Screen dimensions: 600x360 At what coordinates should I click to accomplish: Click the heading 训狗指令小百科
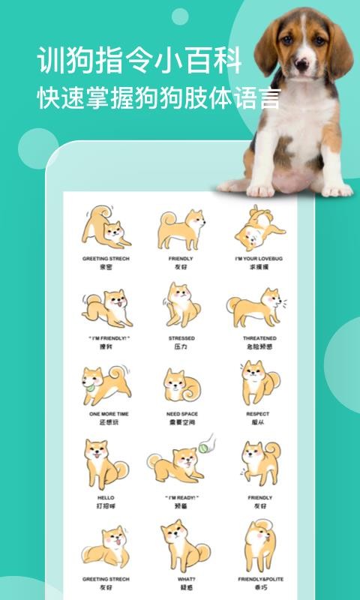point(139,61)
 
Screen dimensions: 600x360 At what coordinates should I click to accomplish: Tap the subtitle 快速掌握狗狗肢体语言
point(159,100)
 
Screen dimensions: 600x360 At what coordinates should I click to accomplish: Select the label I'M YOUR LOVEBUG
point(259,258)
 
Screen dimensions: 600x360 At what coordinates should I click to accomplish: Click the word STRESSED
point(181,338)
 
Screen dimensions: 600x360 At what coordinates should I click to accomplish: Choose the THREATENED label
point(259,338)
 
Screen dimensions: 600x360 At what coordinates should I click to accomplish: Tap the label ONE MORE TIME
point(105,413)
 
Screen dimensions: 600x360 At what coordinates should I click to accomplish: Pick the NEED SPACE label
point(181,413)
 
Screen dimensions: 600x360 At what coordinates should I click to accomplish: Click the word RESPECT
point(259,413)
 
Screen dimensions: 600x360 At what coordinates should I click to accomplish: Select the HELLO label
point(105,497)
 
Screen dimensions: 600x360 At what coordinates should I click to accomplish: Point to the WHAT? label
point(181,578)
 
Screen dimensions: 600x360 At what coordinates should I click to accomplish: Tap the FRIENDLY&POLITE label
point(259,578)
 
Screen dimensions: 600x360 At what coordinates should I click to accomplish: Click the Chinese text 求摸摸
point(259,267)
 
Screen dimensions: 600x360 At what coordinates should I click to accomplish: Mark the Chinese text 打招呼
point(105,507)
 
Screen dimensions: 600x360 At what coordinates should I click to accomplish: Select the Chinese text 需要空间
point(181,423)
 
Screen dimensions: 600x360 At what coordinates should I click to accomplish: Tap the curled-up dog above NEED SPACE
point(181,385)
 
